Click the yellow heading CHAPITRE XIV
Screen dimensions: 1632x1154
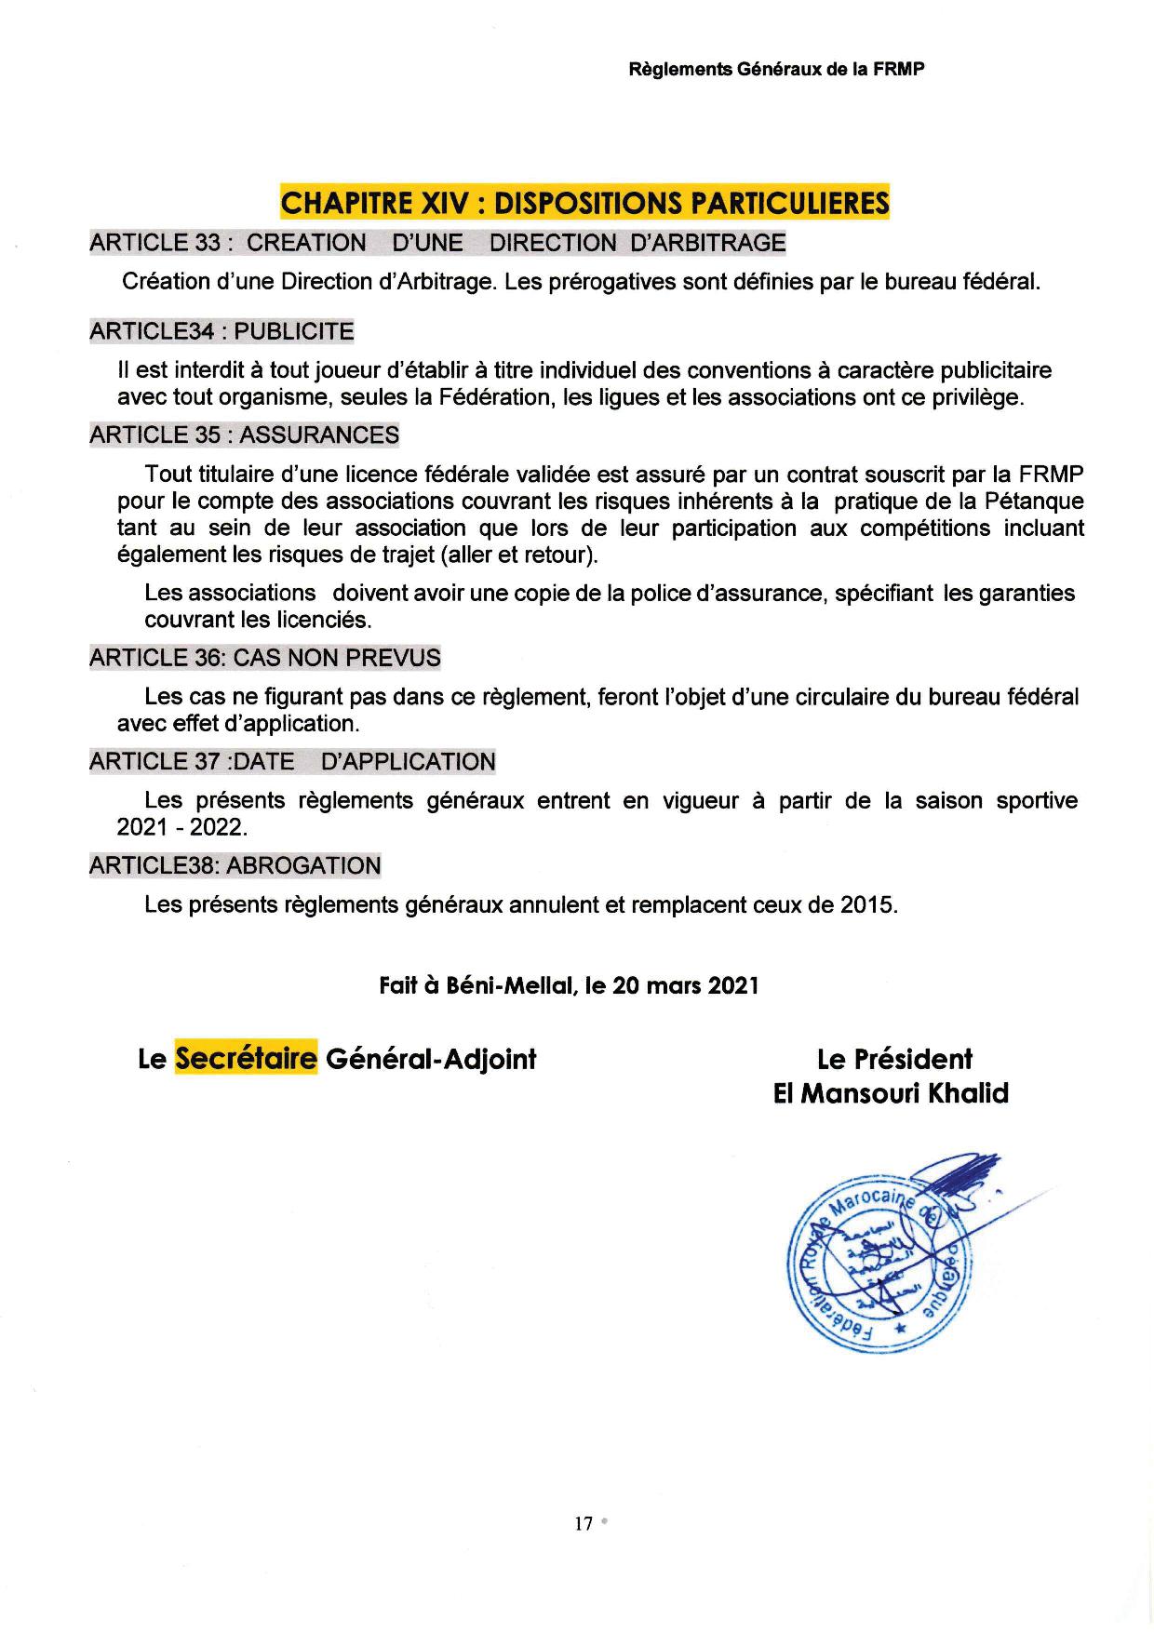tap(584, 202)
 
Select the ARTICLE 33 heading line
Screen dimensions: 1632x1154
tap(437, 243)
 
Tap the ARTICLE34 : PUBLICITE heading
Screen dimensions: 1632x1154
tap(221, 331)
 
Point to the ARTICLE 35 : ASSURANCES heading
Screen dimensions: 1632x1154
tap(244, 435)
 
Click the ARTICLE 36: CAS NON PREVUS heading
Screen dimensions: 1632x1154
tap(265, 658)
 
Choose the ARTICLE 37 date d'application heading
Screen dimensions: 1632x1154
tap(292, 762)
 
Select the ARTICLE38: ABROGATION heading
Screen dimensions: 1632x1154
tap(235, 865)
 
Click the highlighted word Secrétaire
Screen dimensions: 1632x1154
tap(247, 1059)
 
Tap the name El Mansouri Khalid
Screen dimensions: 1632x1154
tap(891, 1093)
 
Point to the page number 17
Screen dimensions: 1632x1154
tap(584, 1524)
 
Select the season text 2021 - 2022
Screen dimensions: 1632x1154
tap(182, 827)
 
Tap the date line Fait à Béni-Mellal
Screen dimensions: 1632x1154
tap(569, 985)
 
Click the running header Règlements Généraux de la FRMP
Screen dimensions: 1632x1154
tap(777, 70)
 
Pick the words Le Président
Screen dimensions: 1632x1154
tap(894, 1059)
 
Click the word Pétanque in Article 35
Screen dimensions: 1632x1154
tap(1034, 502)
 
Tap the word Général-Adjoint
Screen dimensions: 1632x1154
tap(431, 1059)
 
